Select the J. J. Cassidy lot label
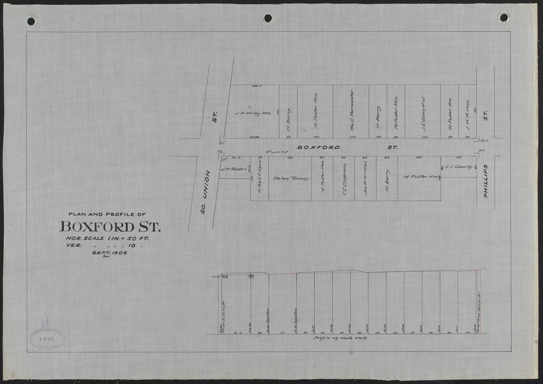(457, 167)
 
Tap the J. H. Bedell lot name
(234, 169)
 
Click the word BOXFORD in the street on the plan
(318, 147)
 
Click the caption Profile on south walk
(340, 338)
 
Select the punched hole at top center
(268, 18)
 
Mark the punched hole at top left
(31, 21)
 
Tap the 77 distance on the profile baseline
(282, 332)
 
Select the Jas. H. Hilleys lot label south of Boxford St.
(365, 179)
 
